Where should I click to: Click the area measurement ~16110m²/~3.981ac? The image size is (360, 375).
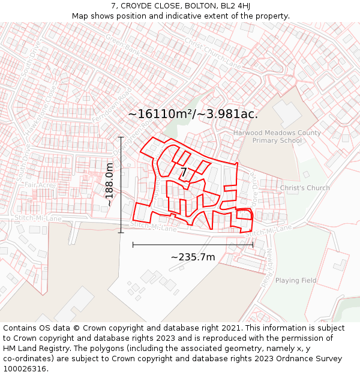coord(193,114)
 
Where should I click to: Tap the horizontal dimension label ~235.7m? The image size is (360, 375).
coord(193,257)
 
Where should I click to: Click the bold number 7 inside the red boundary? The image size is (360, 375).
coord(184,173)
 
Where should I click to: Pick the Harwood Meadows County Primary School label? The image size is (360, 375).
coord(277,136)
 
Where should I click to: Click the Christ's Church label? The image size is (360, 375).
coord(305,188)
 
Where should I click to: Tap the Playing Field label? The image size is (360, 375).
coord(296,280)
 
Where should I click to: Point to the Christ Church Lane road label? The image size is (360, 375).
coord(213,53)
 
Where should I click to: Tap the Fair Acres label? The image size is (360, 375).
coord(40,185)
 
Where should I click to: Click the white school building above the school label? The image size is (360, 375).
coord(286,112)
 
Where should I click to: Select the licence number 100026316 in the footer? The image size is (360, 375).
coord(25,368)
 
